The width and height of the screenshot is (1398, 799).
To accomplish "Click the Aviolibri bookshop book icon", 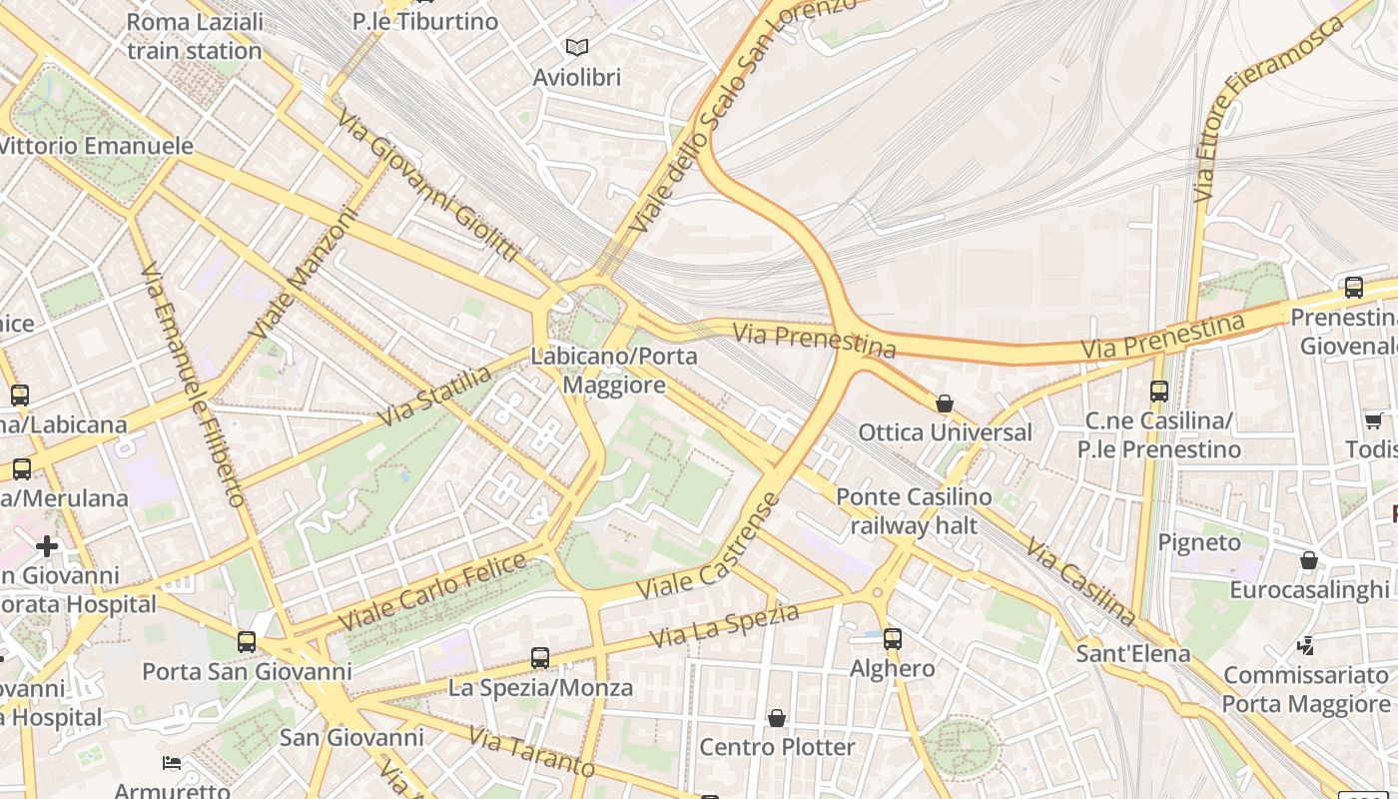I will click(577, 47).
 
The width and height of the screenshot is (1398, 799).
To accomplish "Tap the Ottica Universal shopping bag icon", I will click(945, 404).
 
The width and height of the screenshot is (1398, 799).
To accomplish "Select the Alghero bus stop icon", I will click(893, 639).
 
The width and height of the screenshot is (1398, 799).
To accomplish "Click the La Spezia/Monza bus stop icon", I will click(540, 658).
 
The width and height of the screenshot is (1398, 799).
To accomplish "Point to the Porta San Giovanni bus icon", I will click(247, 642).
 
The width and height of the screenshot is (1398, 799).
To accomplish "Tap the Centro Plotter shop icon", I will click(777, 718).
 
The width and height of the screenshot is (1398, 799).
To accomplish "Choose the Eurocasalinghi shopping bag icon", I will click(1309, 560).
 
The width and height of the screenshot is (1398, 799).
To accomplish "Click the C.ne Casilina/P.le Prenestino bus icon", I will click(1159, 392).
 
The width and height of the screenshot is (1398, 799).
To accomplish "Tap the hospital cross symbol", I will click(47, 546).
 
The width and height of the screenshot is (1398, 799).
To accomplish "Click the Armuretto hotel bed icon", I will click(172, 764).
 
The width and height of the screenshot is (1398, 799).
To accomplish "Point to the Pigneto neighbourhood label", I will click(1199, 542).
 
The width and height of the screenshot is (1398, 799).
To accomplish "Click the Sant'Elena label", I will click(1133, 654).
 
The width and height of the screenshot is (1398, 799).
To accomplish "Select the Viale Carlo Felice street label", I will click(432, 591).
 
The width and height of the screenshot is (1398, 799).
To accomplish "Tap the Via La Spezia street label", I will click(724, 624).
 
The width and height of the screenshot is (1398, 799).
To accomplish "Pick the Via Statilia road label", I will click(435, 396).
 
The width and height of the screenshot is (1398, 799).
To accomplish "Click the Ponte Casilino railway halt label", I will click(914, 510).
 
